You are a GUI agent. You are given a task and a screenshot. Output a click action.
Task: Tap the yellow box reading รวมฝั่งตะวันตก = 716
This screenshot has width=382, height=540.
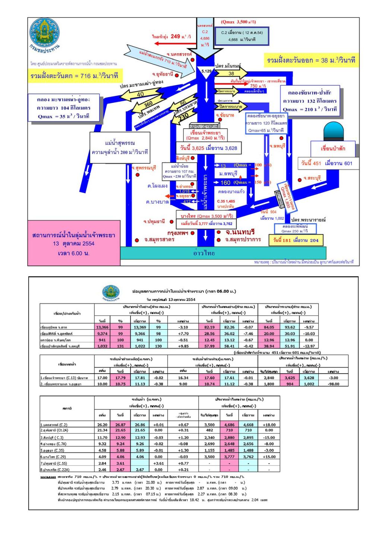pyautogui.click(x=74, y=76)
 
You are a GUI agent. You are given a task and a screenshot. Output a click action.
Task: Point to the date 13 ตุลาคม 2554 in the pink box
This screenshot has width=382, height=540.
pyautogui.click(x=73, y=244)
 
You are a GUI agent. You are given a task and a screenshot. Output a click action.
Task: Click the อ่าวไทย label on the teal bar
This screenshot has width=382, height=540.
pyautogui.click(x=204, y=253)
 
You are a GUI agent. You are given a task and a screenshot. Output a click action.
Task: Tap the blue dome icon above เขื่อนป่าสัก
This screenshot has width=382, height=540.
pyautogui.click(x=334, y=131)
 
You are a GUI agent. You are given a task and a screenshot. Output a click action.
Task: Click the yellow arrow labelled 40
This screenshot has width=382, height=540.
pyautogui.click(x=141, y=94)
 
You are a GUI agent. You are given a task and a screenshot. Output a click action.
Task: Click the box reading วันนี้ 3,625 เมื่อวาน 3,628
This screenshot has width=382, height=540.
pyautogui.click(x=208, y=148)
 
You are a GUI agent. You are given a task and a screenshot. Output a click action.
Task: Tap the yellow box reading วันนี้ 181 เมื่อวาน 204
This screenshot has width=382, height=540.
pyautogui.click(x=296, y=240)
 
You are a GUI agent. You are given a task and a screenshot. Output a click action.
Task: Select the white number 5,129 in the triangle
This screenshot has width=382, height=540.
pyautogui.click(x=206, y=71)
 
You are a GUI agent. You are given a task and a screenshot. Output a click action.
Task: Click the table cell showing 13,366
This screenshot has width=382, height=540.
pyautogui.click(x=102, y=327)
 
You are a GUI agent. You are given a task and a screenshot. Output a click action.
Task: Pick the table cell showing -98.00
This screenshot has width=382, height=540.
pyautogui.click(x=334, y=384)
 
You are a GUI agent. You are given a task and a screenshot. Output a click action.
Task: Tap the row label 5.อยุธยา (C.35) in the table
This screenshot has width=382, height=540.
pyautogui.click(x=52, y=451)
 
